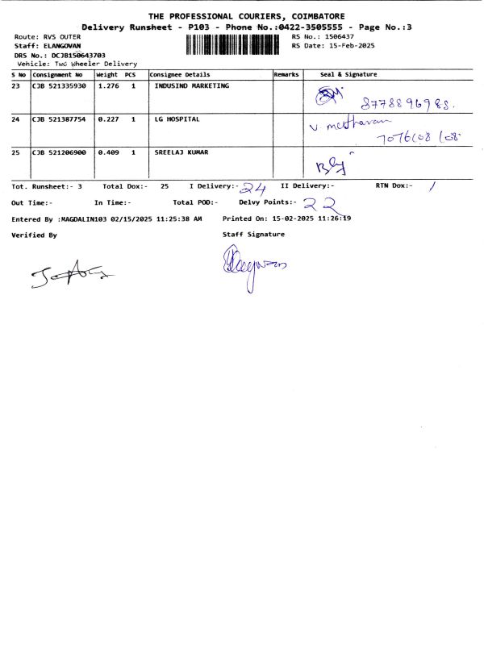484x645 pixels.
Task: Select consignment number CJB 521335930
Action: (x=59, y=85)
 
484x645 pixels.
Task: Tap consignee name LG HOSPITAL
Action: (x=177, y=119)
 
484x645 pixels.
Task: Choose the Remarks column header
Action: (x=286, y=74)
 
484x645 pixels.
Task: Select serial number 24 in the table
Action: (x=16, y=119)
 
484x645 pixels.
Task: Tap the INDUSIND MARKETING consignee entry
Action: (x=191, y=85)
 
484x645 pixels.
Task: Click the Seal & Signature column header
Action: (x=348, y=74)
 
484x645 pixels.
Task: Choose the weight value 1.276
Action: (x=108, y=85)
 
